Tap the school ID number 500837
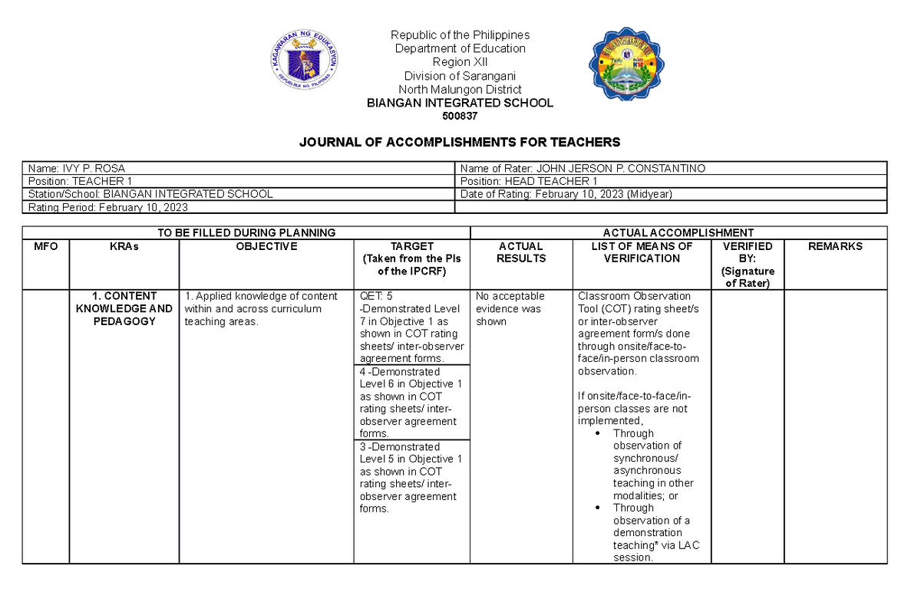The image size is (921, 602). (460, 117)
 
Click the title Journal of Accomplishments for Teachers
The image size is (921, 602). (460, 143)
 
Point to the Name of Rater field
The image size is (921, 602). (583, 168)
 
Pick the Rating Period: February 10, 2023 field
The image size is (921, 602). (107, 207)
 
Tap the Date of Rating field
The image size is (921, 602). (566, 194)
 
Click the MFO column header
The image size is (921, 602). (46, 246)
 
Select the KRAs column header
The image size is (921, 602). (124, 246)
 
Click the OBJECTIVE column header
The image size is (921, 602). (266, 246)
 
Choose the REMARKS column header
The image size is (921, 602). (835, 246)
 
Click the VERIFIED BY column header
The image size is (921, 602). (748, 265)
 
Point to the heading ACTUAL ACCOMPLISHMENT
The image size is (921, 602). (678, 232)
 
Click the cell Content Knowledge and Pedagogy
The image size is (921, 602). (124, 308)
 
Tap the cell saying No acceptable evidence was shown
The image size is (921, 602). (510, 308)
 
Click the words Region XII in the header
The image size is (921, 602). (460, 62)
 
